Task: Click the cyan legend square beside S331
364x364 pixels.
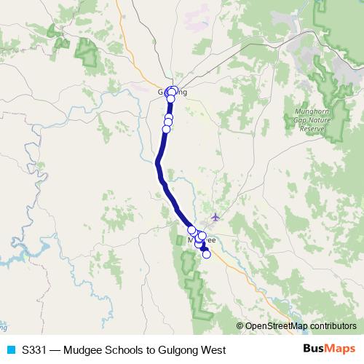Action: click(x=10, y=349)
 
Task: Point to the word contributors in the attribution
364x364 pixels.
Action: click(x=330, y=327)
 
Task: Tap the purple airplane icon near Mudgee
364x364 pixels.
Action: click(x=215, y=216)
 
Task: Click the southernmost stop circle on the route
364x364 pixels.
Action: click(x=206, y=254)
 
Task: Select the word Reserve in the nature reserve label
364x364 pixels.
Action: click(x=312, y=128)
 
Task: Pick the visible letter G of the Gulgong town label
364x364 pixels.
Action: click(x=161, y=92)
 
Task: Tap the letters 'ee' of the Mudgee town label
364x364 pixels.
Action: click(x=211, y=240)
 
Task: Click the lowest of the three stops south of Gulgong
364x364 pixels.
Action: click(x=166, y=129)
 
